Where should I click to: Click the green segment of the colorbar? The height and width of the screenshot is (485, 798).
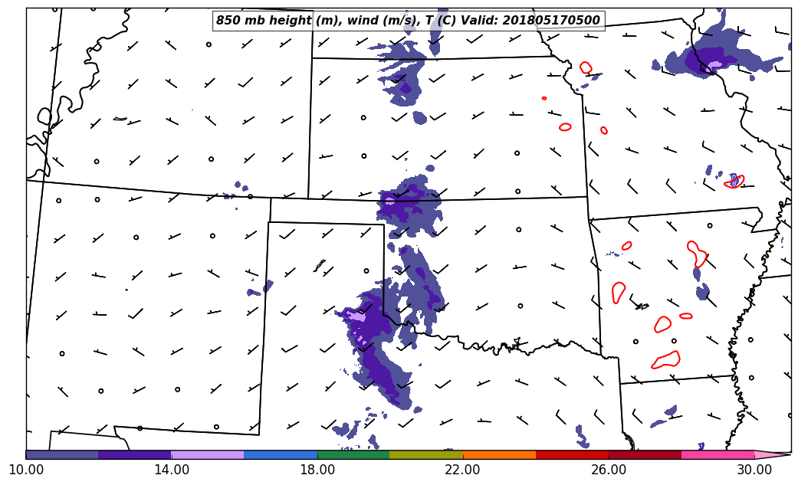(x=353, y=454)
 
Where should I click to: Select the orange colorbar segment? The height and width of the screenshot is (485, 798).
(x=499, y=454)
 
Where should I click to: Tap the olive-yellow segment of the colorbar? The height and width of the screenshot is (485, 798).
(x=426, y=454)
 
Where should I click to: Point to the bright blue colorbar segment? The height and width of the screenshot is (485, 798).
(x=281, y=454)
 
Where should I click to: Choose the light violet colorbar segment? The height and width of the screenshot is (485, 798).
(x=208, y=454)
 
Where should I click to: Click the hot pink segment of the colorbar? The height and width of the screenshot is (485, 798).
(x=718, y=454)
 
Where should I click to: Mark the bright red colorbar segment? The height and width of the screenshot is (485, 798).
(x=572, y=454)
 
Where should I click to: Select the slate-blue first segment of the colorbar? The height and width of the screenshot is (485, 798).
(x=62, y=454)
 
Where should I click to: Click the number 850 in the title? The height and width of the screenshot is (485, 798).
(x=228, y=21)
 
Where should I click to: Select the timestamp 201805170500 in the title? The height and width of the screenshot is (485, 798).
(x=550, y=21)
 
